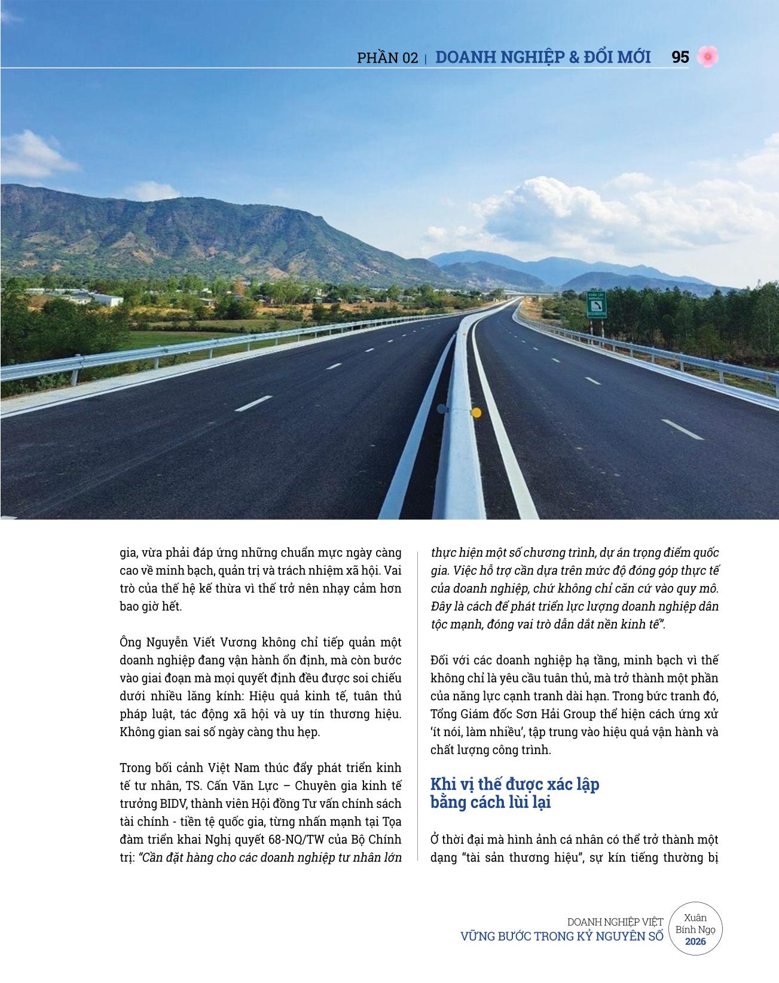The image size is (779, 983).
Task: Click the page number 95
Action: tap(680, 57)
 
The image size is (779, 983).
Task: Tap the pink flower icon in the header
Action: tap(708, 57)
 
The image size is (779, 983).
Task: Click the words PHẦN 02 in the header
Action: tap(387, 58)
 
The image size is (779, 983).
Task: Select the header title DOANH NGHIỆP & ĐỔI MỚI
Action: tap(543, 57)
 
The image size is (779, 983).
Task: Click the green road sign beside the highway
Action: tap(597, 304)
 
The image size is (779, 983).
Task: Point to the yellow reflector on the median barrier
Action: tap(476, 412)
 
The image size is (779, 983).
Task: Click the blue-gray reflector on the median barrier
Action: tap(442, 409)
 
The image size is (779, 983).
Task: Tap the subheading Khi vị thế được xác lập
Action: tap(514, 784)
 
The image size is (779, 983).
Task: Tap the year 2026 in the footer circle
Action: tap(695, 941)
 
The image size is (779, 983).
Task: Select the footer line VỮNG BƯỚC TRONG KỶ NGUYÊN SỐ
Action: tap(561, 936)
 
